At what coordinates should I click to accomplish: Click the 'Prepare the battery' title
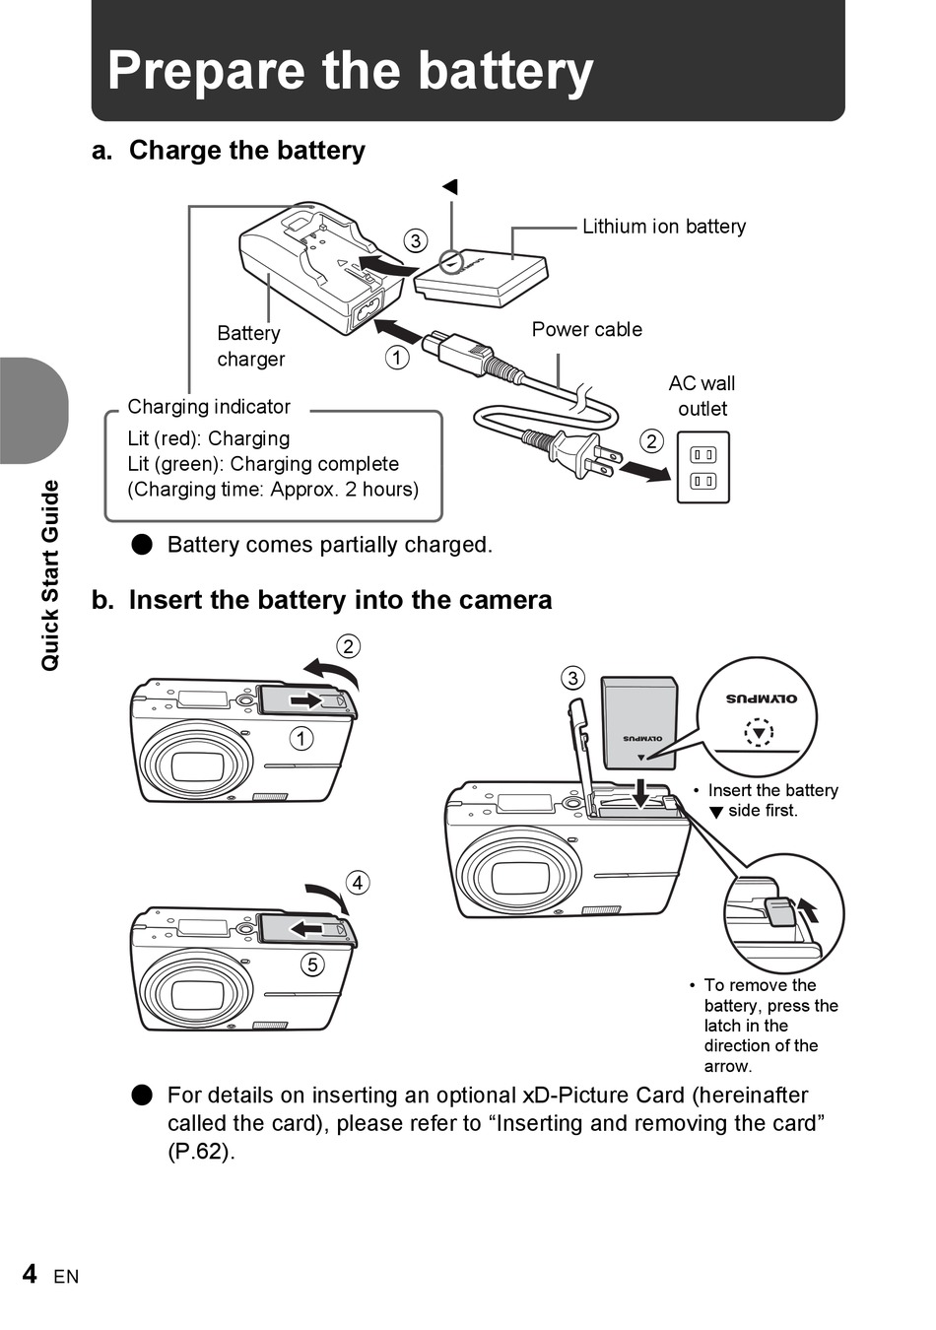(x=350, y=71)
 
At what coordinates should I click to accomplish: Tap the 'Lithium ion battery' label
(x=663, y=227)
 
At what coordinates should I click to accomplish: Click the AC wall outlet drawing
(x=702, y=468)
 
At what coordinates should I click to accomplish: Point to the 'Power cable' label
(x=586, y=330)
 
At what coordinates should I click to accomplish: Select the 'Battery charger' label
(x=250, y=347)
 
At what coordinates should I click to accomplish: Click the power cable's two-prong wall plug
(x=585, y=455)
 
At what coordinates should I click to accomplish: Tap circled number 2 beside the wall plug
(x=651, y=441)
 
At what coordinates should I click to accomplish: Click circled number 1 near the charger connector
(x=397, y=358)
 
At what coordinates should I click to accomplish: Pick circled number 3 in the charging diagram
(x=416, y=241)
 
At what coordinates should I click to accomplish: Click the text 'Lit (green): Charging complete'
(x=263, y=464)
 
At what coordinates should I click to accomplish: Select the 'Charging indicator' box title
(x=209, y=407)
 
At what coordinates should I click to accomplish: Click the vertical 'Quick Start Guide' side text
(x=50, y=576)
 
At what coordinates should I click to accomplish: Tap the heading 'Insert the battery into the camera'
(x=340, y=600)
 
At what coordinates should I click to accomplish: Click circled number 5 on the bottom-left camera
(x=312, y=964)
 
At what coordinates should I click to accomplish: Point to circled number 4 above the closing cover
(x=358, y=883)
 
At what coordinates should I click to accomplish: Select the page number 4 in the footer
(x=30, y=1274)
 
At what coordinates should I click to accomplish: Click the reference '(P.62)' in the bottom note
(x=201, y=1151)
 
